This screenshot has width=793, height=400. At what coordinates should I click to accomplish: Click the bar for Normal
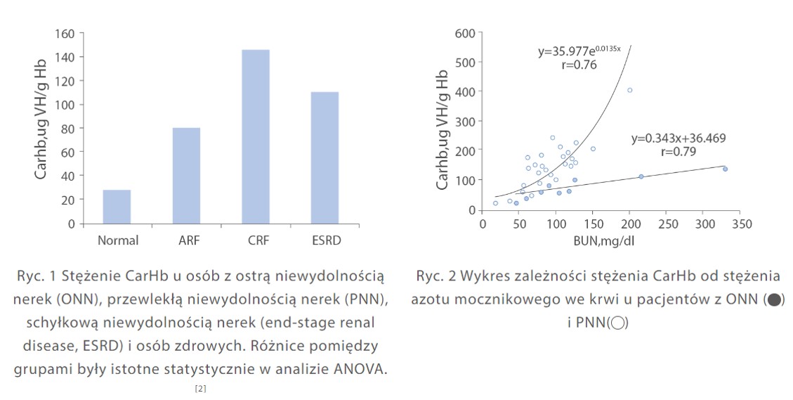(x=117, y=207)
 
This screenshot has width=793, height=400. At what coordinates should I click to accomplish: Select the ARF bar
(x=186, y=176)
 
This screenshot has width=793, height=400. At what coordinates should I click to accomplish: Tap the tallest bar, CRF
(x=255, y=136)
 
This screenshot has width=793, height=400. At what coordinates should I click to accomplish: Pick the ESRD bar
(x=325, y=157)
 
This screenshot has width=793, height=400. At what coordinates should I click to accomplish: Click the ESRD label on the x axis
(x=325, y=240)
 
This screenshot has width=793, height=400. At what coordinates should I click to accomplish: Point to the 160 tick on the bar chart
(x=65, y=33)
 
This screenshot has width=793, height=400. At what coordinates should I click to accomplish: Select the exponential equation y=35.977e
(x=579, y=51)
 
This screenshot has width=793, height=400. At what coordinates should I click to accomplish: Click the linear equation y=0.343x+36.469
(x=679, y=138)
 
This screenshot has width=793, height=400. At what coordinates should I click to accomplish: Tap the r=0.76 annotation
(x=579, y=65)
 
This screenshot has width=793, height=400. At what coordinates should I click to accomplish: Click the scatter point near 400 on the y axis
(x=629, y=90)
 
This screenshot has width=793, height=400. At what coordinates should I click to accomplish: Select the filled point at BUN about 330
(x=725, y=169)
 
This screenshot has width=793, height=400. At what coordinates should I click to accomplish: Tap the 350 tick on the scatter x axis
(x=742, y=224)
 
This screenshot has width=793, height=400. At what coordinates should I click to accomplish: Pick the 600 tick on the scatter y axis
(x=464, y=33)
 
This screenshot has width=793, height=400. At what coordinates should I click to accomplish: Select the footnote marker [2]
(x=200, y=387)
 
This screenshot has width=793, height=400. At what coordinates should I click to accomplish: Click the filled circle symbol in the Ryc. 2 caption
(x=773, y=300)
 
